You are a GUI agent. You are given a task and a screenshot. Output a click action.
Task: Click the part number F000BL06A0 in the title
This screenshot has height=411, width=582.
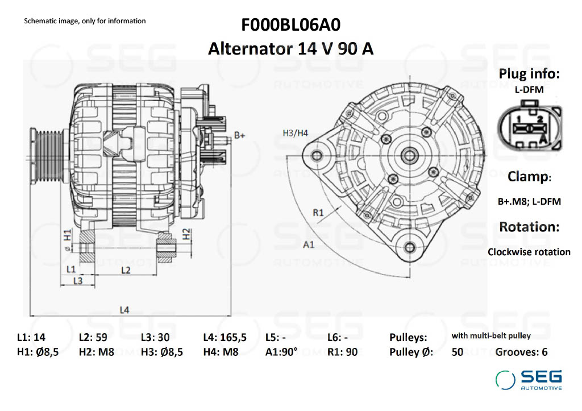(x=290, y=25)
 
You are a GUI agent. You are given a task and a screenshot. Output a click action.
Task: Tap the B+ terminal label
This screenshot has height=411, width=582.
(x=240, y=135)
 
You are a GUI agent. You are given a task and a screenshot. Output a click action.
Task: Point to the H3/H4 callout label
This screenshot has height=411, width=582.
(x=296, y=133)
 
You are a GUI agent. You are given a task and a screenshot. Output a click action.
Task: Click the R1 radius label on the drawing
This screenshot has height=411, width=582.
(x=318, y=213)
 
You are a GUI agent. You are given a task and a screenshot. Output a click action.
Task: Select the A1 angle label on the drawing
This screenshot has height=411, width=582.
(x=309, y=244)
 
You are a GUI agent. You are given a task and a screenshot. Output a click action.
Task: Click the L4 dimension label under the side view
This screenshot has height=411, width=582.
(x=124, y=310)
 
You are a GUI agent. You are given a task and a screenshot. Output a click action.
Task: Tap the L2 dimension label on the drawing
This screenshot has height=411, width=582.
(x=126, y=270)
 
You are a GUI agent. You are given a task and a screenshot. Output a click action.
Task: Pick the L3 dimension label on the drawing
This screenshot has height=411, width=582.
(x=77, y=281)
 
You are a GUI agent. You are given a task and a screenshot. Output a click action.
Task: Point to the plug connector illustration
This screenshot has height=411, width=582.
(x=530, y=127)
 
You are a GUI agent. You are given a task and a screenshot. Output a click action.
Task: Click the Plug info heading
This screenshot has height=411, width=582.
(x=529, y=73)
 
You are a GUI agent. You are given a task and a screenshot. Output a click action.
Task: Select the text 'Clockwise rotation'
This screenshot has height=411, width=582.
(x=529, y=252)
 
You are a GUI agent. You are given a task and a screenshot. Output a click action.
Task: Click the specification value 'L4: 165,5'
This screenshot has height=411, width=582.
(x=225, y=338)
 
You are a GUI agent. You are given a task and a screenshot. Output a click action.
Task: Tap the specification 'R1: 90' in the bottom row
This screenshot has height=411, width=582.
(x=342, y=352)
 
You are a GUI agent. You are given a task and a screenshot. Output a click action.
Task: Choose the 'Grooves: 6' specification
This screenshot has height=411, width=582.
(x=521, y=352)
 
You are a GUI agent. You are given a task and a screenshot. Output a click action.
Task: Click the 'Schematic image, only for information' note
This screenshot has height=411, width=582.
(x=85, y=21)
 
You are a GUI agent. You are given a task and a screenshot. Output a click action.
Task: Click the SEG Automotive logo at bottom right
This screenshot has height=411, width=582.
(x=529, y=380)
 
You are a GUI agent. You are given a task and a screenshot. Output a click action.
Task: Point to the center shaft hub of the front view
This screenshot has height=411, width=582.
(x=410, y=155)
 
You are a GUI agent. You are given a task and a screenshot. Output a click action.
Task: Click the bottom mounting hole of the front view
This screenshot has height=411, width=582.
(x=409, y=248)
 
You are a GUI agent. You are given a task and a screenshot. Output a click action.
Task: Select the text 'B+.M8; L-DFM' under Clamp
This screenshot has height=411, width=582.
(x=529, y=202)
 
